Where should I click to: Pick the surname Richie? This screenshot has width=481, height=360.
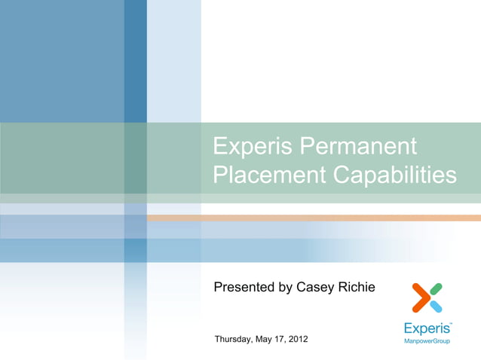click(355, 286)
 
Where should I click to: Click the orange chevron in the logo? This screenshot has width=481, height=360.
click(418, 297)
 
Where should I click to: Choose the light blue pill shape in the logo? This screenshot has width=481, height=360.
click(435, 306)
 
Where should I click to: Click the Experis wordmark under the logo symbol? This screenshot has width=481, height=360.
click(426, 328)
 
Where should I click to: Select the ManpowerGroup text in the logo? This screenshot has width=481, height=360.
click(427, 341)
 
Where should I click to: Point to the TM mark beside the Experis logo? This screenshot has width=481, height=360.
click(450, 323)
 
